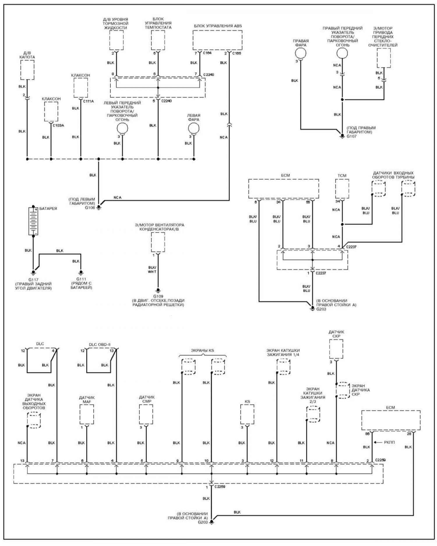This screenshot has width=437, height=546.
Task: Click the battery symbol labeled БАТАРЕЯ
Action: (x=33, y=221)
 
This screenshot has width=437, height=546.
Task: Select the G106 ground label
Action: (x=90, y=208)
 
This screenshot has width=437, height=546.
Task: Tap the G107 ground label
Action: (x=352, y=136)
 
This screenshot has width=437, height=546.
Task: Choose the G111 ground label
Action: (x=81, y=279)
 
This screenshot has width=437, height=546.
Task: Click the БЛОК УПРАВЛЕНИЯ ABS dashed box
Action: (x=217, y=40)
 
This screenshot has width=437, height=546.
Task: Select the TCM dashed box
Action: (x=342, y=189)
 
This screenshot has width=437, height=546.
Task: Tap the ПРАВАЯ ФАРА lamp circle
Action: (x=301, y=53)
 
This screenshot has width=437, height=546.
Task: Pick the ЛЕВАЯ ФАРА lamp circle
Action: (x=193, y=128)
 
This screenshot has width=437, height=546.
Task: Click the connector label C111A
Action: (x=88, y=101)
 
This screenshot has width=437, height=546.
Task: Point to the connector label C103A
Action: (x=58, y=125)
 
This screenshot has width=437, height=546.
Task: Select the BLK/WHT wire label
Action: (x=152, y=269)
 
